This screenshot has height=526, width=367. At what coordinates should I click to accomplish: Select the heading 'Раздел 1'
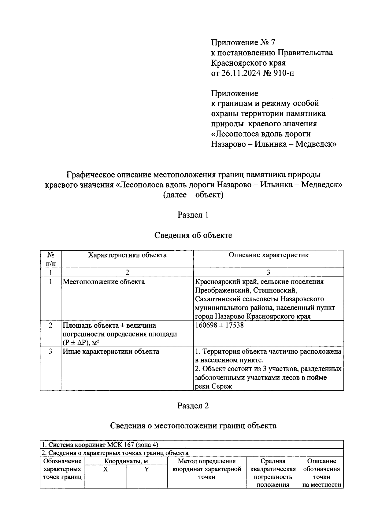193,215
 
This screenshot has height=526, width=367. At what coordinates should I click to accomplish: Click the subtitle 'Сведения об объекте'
193,235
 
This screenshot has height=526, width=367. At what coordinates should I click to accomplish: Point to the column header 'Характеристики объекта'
127,255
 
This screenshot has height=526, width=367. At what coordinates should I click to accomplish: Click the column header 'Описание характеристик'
269,255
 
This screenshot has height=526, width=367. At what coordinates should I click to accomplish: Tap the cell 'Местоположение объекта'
104,281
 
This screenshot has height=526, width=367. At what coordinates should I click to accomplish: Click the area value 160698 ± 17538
219,325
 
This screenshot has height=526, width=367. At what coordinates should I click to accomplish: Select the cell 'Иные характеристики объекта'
111,351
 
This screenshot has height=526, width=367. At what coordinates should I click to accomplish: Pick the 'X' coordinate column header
105,469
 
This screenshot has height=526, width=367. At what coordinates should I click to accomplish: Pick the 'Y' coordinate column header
146,469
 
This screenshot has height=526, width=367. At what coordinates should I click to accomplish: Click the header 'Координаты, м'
126,461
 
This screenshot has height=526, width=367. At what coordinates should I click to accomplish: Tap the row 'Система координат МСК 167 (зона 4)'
100,444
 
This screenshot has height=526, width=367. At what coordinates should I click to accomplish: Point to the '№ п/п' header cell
51,259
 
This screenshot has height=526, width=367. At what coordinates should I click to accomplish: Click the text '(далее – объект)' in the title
193,195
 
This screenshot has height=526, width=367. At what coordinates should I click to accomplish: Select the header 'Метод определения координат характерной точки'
207,469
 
